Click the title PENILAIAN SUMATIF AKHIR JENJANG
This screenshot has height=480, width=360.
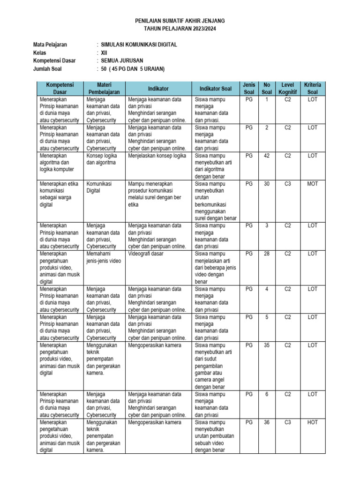click(180, 21)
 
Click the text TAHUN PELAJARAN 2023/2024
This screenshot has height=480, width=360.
click(180, 29)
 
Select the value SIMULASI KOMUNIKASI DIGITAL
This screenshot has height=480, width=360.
click(139, 45)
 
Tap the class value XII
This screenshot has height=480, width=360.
click(104, 53)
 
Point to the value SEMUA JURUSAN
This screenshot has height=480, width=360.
click(122, 61)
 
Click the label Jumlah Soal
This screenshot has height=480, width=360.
click(48, 69)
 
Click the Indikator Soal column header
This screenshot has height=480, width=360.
click(216, 88)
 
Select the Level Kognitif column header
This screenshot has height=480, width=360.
click(288, 88)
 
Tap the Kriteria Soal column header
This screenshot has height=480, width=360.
click(313, 88)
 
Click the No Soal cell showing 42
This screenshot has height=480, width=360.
click(267, 156)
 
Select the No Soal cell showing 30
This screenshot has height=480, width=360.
click(267, 184)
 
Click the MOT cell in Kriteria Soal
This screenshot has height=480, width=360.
click(313, 184)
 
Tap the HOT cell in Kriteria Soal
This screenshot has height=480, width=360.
click(313, 422)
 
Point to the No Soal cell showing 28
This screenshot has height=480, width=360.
click(267, 254)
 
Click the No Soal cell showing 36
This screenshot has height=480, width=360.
click(267, 422)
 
